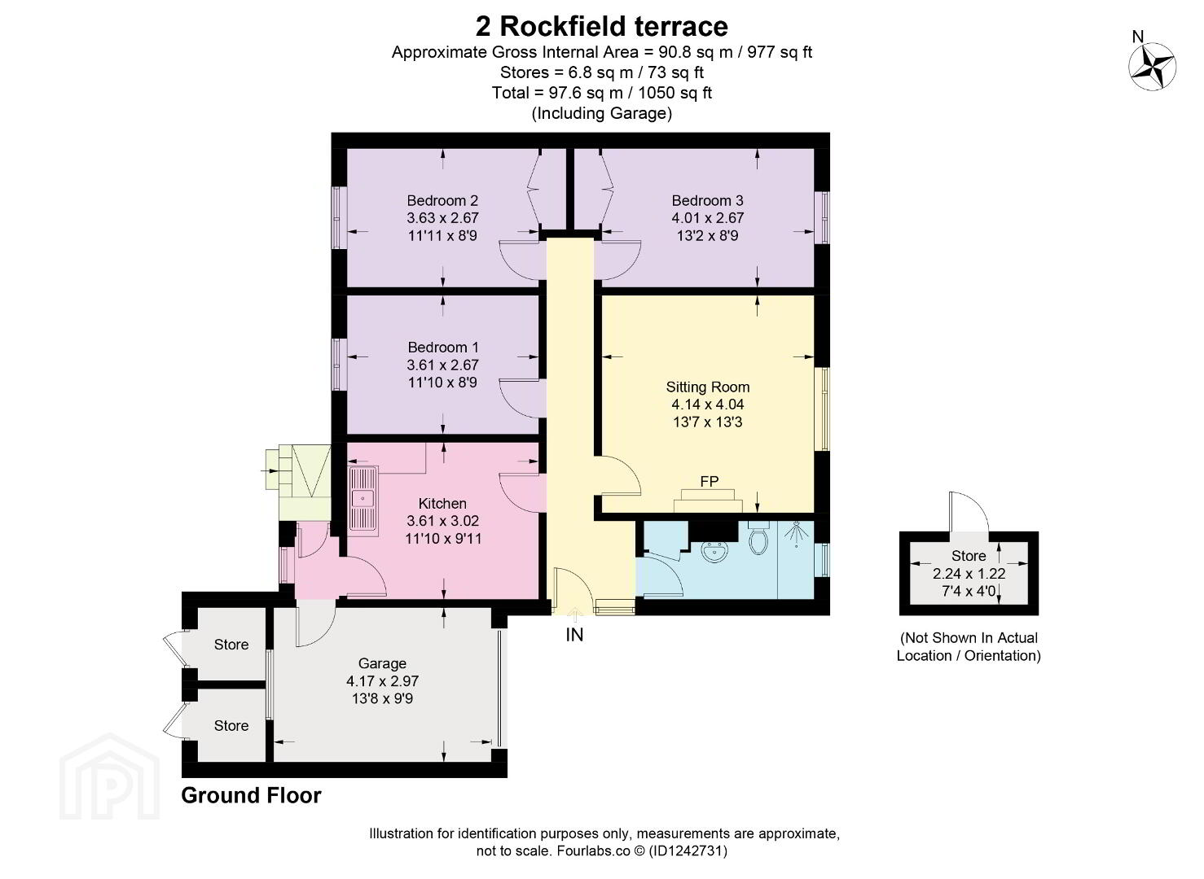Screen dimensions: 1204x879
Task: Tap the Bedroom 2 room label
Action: (x=442, y=200)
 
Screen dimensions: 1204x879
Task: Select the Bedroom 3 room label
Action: (x=707, y=200)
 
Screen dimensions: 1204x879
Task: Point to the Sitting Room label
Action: (x=707, y=387)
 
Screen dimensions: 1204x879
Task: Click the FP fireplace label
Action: (x=709, y=481)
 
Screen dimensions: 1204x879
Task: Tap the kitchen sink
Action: (x=363, y=499)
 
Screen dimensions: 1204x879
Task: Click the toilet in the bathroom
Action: (x=758, y=539)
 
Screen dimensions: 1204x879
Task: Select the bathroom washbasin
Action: (x=715, y=552)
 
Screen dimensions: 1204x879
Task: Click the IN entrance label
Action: (x=574, y=635)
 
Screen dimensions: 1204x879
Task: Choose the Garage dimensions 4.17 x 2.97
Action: (x=382, y=681)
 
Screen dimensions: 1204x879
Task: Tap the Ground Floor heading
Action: (x=251, y=795)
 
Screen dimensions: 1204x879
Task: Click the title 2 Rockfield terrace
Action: (x=601, y=26)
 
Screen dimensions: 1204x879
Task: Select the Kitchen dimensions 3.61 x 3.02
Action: (x=442, y=520)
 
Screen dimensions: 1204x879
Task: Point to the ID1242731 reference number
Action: (x=688, y=851)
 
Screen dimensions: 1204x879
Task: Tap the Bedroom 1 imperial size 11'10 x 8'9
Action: (x=442, y=383)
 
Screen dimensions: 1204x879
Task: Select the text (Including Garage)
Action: (x=601, y=113)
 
